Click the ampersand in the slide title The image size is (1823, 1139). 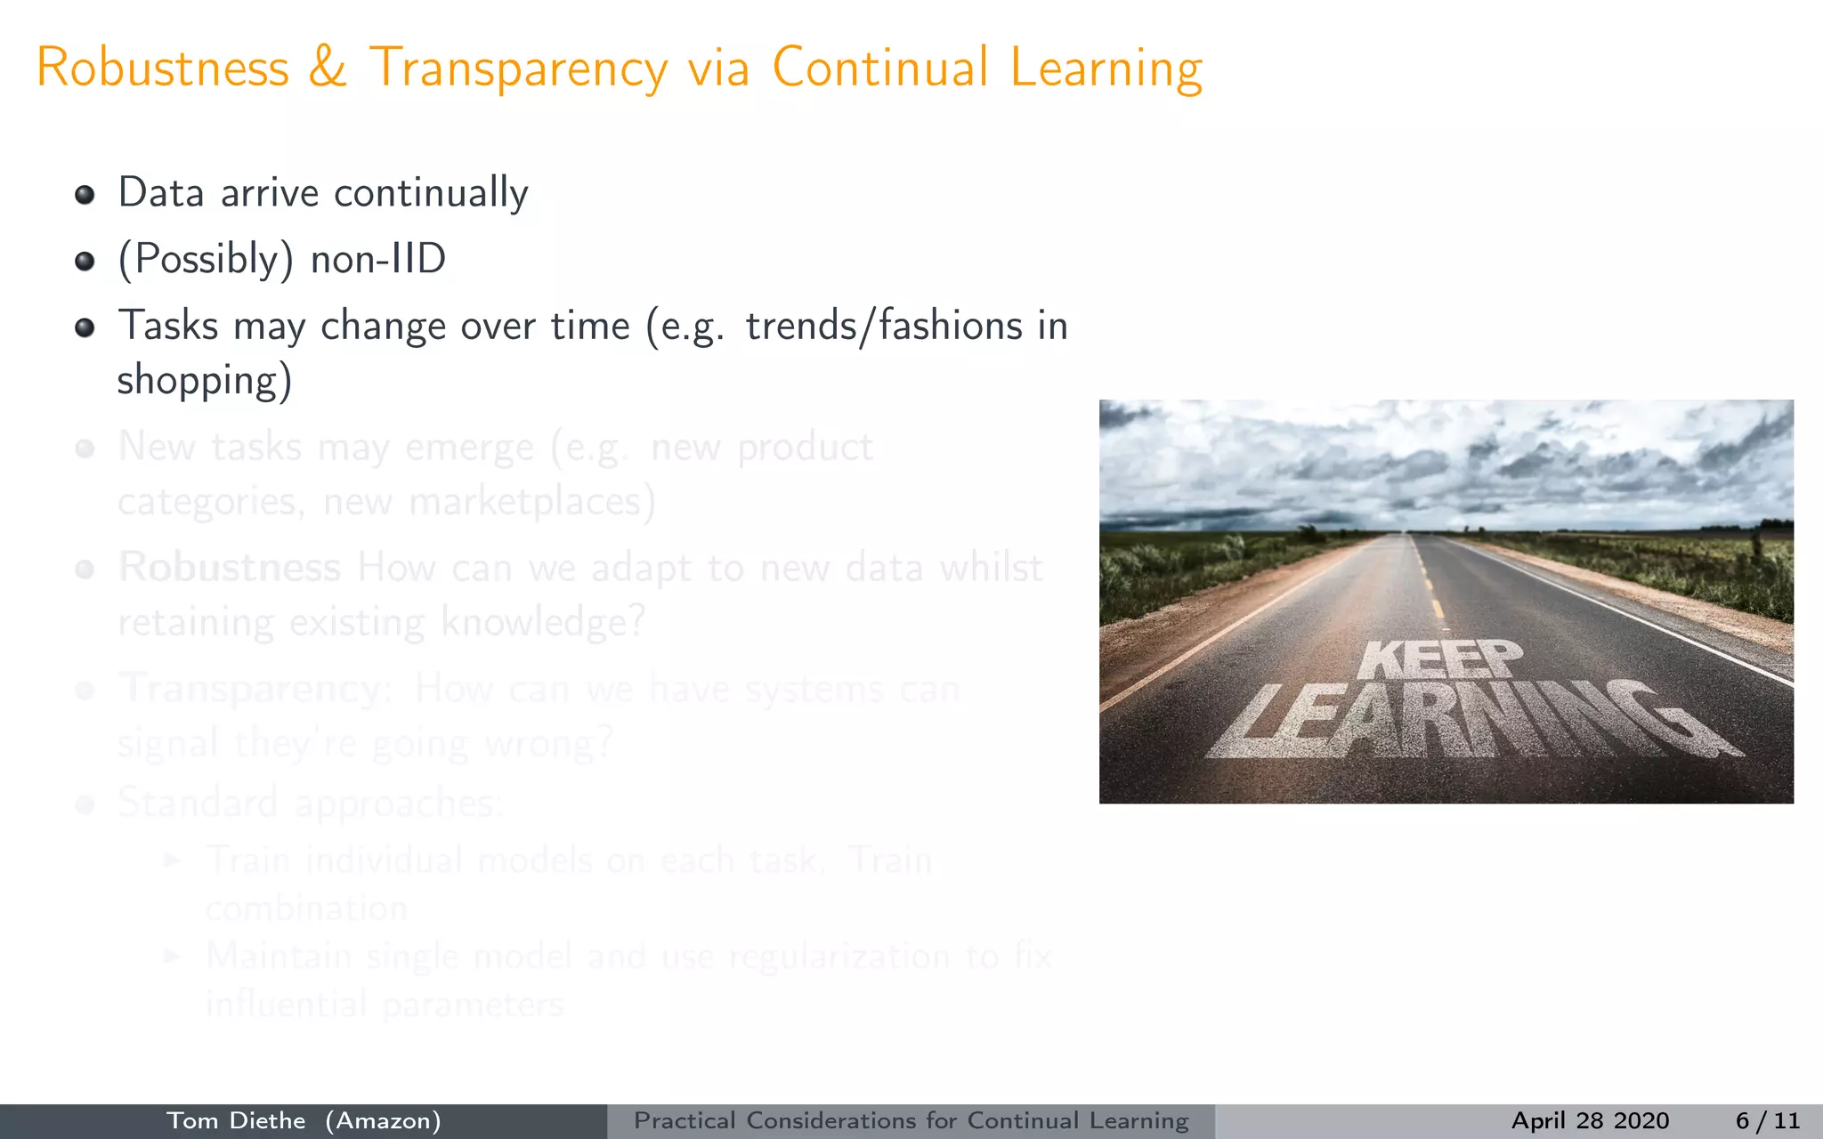[328, 69]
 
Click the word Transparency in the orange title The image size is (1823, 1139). [518, 69]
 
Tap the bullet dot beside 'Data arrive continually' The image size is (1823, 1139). [85, 195]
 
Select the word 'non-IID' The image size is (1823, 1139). [378, 260]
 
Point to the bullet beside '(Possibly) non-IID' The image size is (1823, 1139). [85, 261]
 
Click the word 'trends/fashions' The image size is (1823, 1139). [884, 326]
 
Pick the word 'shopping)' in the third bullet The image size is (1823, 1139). [205, 381]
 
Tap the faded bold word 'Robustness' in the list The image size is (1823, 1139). [230, 568]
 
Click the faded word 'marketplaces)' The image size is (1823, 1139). [532, 502]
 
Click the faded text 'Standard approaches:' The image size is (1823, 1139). [310, 804]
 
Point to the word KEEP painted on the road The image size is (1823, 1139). [1440, 659]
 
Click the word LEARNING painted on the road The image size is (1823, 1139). [1469, 721]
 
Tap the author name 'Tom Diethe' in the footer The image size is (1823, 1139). [236, 1121]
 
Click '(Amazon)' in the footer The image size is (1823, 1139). [383, 1121]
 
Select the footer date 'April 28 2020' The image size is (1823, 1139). [1590, 1121]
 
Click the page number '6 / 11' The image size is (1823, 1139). [1767, 1121]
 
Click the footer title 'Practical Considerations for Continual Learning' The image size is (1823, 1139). [911, 1121]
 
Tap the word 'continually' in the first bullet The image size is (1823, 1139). [431, 194]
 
